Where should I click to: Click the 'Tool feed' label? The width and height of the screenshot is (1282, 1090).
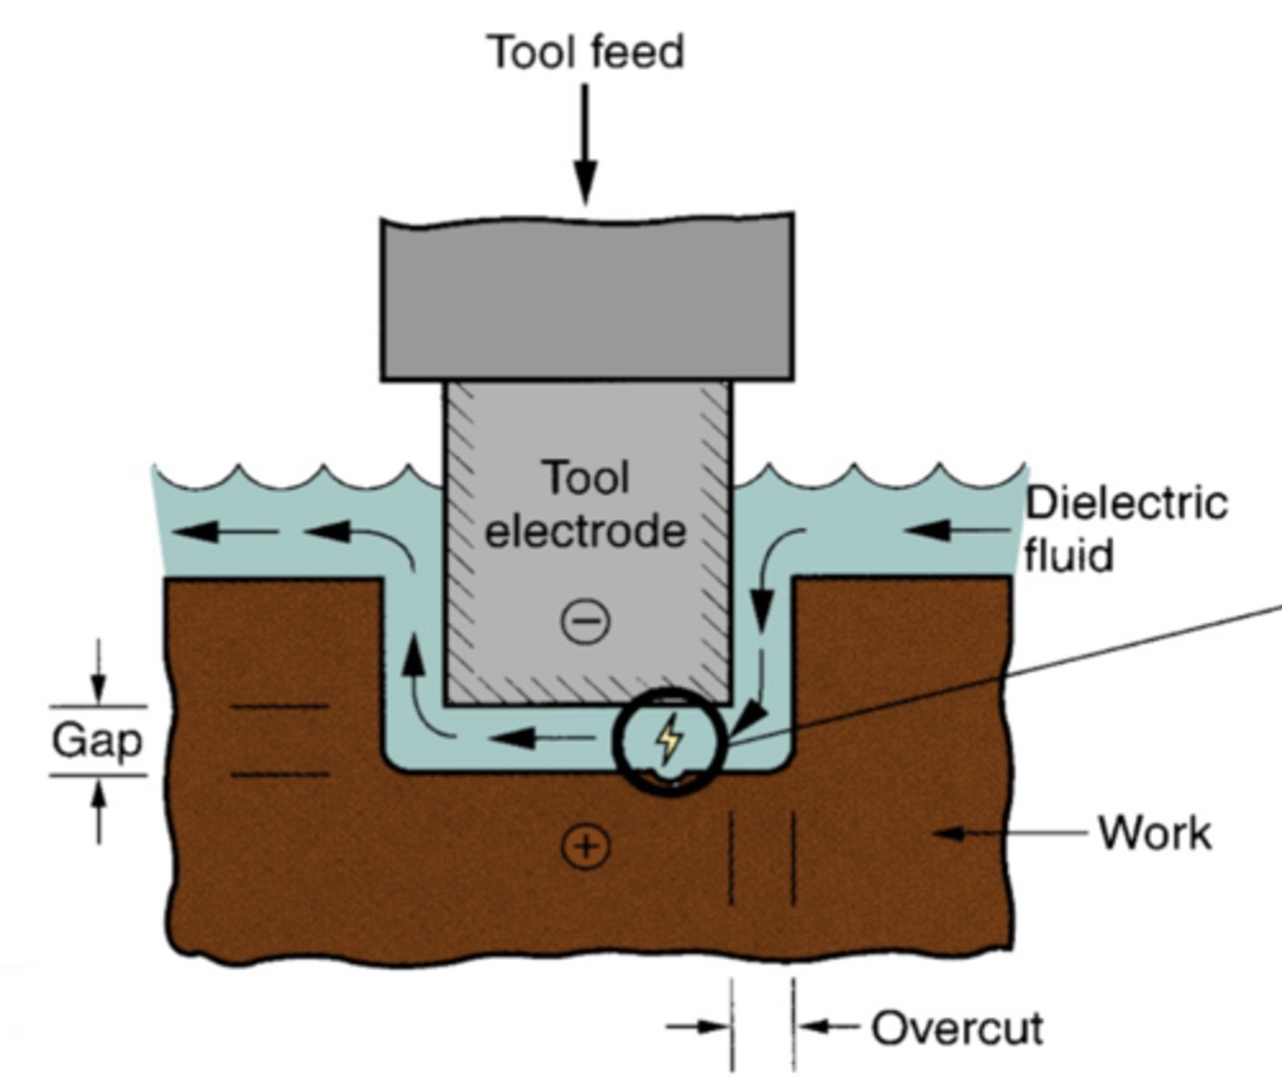click(586, 52)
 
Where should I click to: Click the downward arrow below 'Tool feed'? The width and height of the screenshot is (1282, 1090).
click(586, 145)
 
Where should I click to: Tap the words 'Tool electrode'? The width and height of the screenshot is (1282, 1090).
click(586, 505)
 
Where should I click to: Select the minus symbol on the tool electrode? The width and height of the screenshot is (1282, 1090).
click(586, 621)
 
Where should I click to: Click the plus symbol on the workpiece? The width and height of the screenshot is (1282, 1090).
click(586, 847)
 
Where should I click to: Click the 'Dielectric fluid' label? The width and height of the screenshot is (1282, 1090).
click(1125, 529)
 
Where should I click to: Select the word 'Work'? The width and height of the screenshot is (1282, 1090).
click(1155, 833)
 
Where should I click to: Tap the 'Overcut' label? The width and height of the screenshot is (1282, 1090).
click(957, 1028)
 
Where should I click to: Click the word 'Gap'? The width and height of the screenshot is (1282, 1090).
click(97, 741)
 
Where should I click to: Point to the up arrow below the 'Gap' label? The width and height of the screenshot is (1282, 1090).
click(99, 810)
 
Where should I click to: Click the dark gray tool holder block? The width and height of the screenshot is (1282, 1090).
click(587, 298)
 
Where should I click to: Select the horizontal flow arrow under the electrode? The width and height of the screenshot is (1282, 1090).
click(536, 738)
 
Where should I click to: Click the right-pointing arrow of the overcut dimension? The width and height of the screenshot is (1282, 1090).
click(698, 1027)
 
